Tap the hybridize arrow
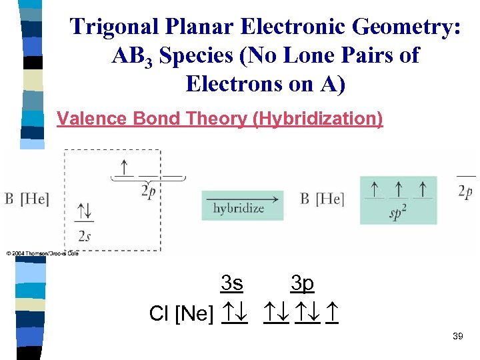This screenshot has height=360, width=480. click(242, 206)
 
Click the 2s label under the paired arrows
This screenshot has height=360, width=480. click(84, 236)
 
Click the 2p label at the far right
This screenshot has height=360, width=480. click(466, 191)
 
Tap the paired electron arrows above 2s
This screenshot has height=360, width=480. click(84, 212)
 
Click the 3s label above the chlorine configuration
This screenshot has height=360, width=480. click(231, 284)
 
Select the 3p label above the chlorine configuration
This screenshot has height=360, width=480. click(302, 284)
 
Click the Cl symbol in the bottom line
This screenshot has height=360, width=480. click(159, 313)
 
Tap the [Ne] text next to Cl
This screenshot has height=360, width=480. click(194, 313)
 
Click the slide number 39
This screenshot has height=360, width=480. click(457, 337)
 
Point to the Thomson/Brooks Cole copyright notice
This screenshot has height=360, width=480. click(43, 253)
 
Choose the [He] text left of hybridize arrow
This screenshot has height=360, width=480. click(35, 199)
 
